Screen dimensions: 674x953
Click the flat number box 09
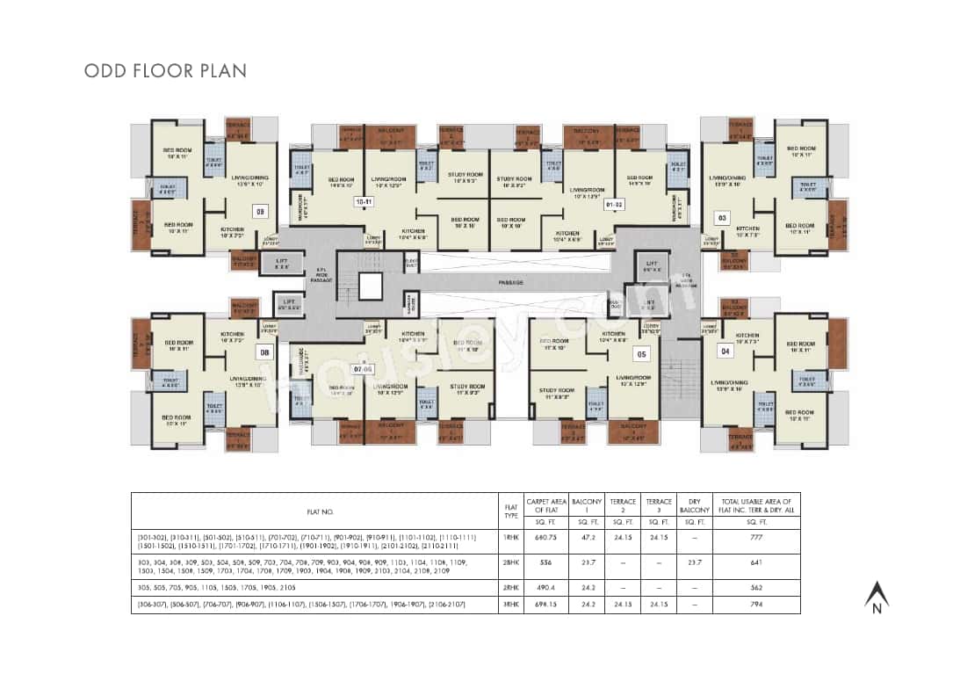tap(259, 211)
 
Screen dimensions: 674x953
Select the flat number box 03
tap(723, 216)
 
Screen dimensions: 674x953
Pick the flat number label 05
tap(641, 354)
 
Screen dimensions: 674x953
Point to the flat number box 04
tap(726, 351)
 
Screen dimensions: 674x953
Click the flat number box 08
tap(263, 352)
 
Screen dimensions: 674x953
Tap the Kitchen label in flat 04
tap(747, 337)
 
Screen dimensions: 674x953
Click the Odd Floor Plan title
tap(165, 70)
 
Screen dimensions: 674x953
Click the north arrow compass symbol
tap(875, 598)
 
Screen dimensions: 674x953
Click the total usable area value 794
tap(756, 605)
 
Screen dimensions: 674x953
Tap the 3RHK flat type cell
tap(510, 605)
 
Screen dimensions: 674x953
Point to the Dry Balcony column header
tap(694, 505)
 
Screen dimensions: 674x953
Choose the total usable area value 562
tap(756, 588)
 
